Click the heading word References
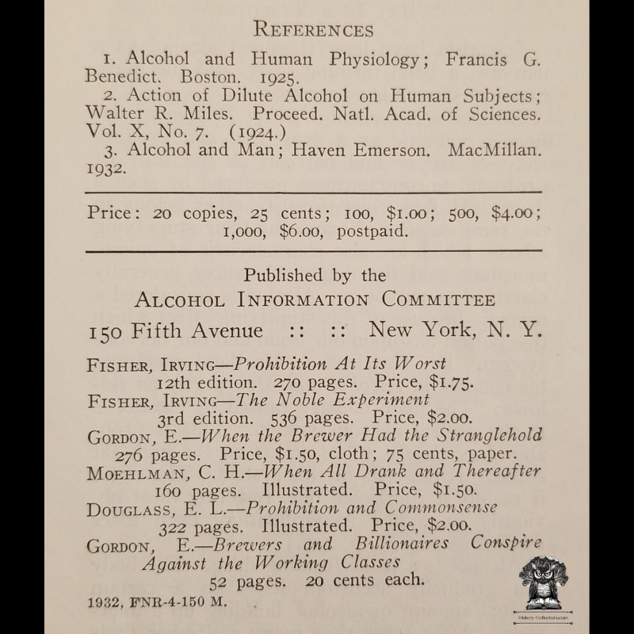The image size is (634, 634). [x=313, y=29]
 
